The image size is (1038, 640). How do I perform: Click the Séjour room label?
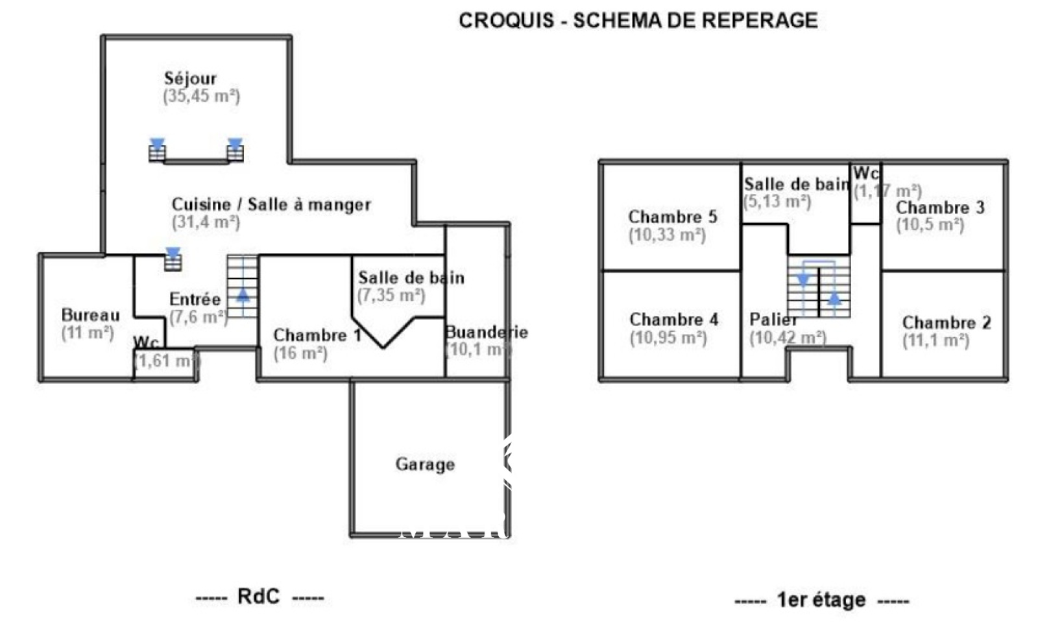(190, 78)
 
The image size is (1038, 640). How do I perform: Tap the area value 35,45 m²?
(201, 96)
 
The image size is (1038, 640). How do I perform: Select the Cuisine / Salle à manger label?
(271, 204)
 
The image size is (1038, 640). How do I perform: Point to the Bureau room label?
(90, 315)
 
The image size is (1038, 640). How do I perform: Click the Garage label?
(425, 464)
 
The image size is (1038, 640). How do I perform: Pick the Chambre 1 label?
(317, 335)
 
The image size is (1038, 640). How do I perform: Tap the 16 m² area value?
(300, 353)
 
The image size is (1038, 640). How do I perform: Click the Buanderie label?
(486, 332)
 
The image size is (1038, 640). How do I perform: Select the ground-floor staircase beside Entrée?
(243, 286)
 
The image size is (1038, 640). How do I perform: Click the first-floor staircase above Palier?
(819, 287)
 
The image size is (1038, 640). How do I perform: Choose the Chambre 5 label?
(673, 217)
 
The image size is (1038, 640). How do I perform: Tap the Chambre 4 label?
(674, 320)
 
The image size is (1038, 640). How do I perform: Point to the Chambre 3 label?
(940, 207)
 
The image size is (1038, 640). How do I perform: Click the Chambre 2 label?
(947, 322)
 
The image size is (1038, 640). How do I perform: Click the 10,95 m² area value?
(668, 338)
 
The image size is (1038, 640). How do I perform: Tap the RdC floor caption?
(258, 597)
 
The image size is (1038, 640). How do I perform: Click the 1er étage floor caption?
(821, 600)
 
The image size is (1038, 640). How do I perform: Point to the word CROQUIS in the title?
(506, 21)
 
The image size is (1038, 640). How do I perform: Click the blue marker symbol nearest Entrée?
(173, 258)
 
